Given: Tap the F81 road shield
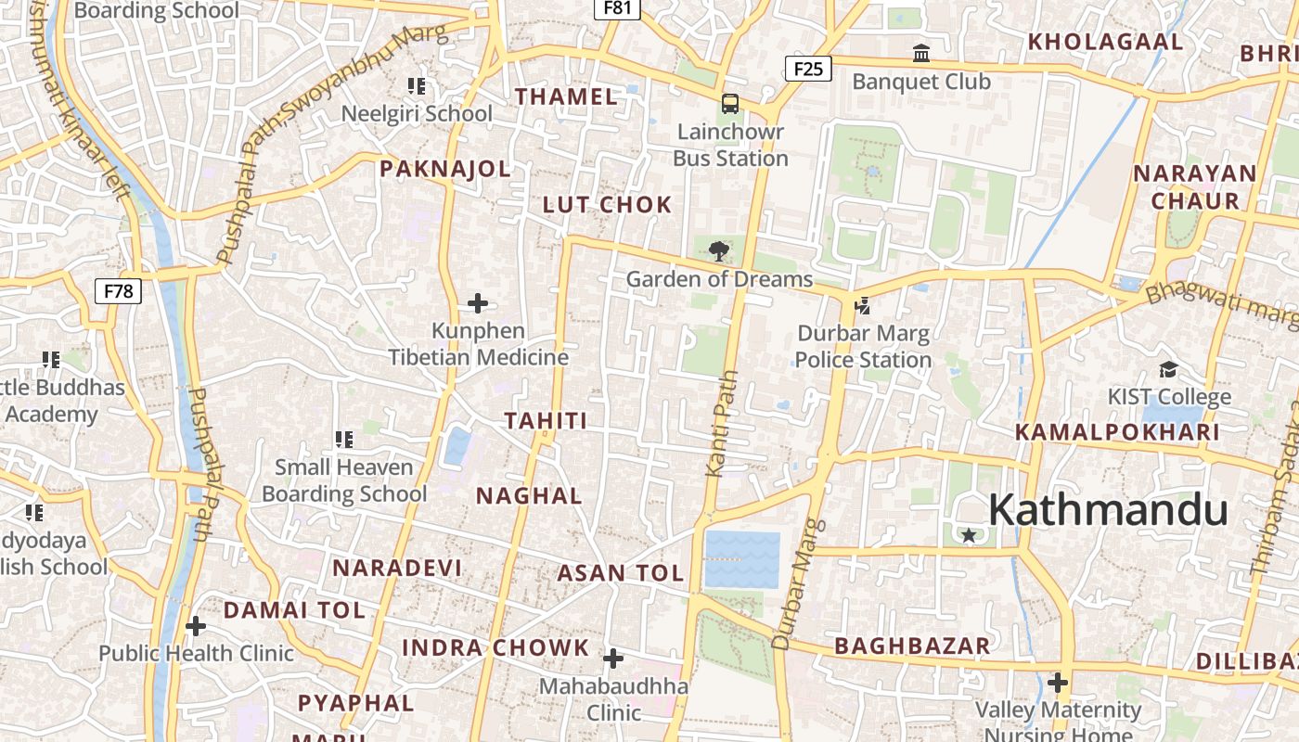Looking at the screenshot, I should click(x=617, y=8).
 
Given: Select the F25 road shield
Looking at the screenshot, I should click(x=808, y=68).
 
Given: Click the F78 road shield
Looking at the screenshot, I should click(x=118, y=291).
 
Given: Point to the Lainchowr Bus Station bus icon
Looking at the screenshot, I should click(x=730, y=104).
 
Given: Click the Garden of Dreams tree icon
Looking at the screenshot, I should click(x=718, y=250).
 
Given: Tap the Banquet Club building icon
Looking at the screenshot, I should click(x=921, y=54).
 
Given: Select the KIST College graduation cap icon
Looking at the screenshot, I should click(x=1168, y=369).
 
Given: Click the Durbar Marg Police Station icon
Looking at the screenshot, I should click(x=863, y=305).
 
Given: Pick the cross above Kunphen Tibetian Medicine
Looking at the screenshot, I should click(x=478, y=303).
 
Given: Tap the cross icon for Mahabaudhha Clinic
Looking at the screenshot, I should click(x=613, y=659).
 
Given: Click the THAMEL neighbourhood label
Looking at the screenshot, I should click(x=566, y=96).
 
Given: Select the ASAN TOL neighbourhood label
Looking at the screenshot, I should click(x=620, y=573).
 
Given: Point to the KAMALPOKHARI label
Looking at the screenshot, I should click(x=1116, y=432).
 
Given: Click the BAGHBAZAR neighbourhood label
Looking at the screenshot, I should click(x=912, y=646).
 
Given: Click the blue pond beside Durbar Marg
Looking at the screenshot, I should click(x=741, y=559).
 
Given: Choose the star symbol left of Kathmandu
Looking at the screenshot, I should click(x=969, y=535).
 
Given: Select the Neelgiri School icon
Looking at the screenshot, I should click(x=417, y=86).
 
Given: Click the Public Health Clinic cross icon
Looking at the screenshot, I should click(x=195, y=626).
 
